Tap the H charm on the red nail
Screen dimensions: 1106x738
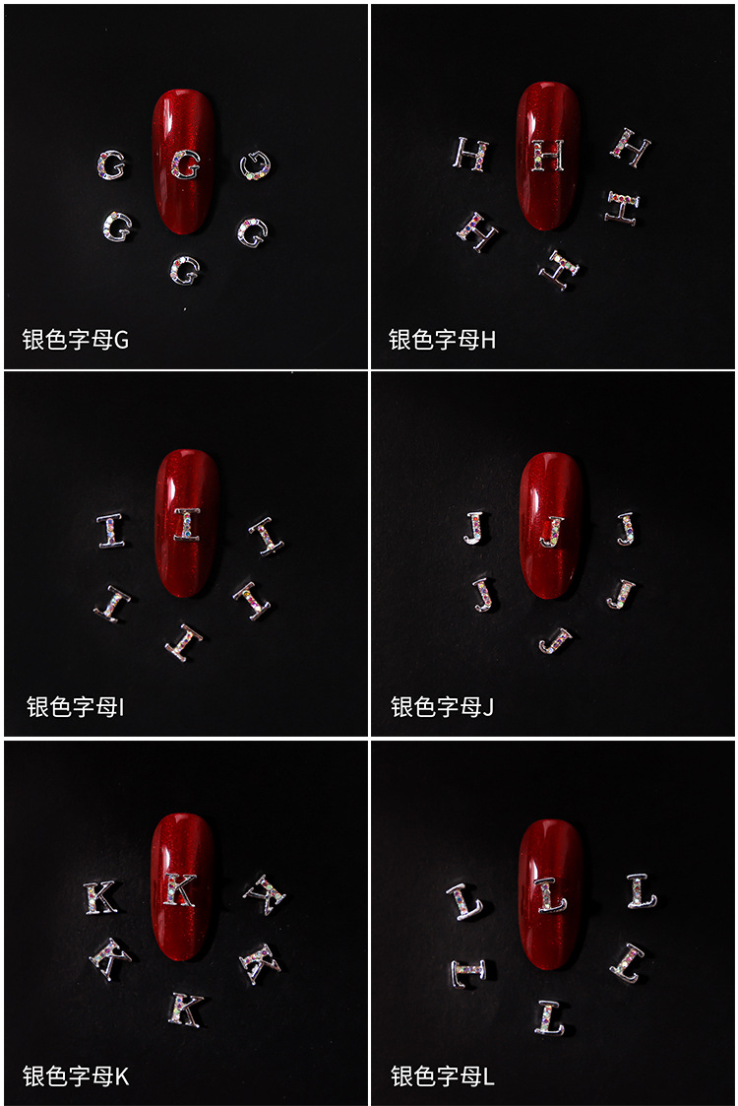(x=549, y=155)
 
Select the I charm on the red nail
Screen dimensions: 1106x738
(x=186, y=524)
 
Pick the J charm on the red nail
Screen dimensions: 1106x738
(x=552, y=530)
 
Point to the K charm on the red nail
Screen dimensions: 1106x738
(x=179, y=888)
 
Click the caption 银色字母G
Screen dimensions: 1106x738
(x=76, y=340)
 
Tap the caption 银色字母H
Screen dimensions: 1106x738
(x=442, y=340)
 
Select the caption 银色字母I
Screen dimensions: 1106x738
(x=75, y=706)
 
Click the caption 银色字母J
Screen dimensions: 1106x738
(x=442, y=706)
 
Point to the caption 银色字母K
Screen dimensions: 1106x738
(x=76, y=1075)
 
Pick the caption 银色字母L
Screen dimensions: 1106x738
(x=442, y=1075)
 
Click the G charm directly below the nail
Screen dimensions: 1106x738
(x=184, y=269)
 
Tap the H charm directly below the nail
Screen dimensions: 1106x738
(x=559, y=268)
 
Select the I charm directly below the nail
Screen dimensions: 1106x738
(x=184, y=642)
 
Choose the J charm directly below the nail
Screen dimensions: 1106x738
(x=554, y=641)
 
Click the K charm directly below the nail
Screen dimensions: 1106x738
(x=185, y=1008)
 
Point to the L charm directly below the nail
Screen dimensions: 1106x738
(x=550, y=1016)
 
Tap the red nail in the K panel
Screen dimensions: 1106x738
(x=182, y=886)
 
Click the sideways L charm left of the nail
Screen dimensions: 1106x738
(x=467, y=972)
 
